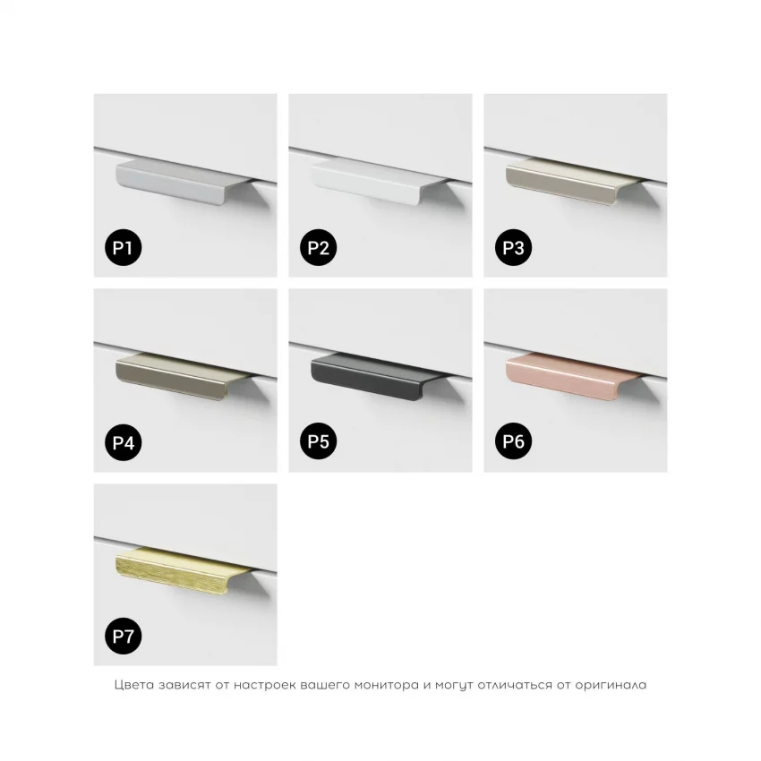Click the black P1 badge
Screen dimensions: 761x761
124,247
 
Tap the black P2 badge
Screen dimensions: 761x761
319,247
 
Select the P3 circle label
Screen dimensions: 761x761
514,247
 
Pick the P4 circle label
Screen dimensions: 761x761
124,442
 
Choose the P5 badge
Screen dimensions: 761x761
319,441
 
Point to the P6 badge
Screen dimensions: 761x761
514,441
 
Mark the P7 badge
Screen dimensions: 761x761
124,636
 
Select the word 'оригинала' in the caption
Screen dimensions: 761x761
611,685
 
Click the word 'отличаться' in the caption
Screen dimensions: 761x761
515,685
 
